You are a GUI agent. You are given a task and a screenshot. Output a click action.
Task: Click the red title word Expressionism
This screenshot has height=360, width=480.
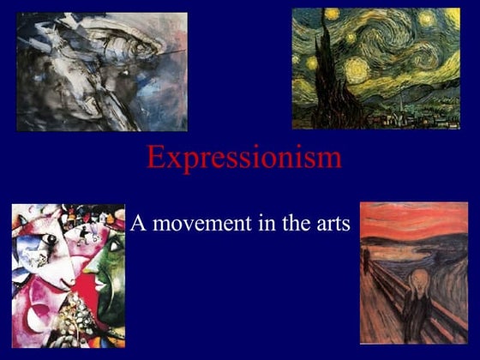coord(243,158)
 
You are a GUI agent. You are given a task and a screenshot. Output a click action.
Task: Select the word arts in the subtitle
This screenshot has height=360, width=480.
coord(331,225)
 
